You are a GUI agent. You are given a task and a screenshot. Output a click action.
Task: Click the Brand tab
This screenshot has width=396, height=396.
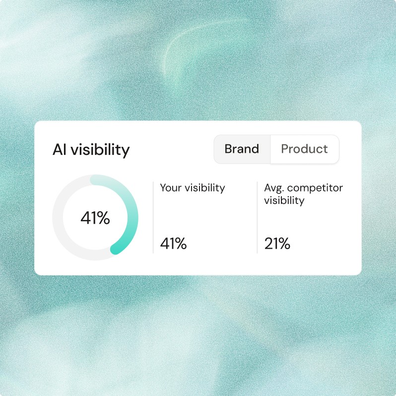pyautogui.click(x=242, y=149)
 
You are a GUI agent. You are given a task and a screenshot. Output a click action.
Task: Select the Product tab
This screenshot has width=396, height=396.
pyautogui.click(x=304, y=149)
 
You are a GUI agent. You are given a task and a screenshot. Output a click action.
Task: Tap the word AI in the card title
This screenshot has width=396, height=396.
pyautogui.click(x=59, y=149)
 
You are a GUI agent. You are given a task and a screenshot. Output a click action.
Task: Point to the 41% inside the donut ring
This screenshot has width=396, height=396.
pyautogui.click(x=95, y=218)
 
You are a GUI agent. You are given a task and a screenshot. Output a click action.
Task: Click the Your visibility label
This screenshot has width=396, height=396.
pyautogui.click(x=192, y=188)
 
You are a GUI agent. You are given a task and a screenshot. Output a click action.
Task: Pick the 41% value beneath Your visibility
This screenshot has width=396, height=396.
pyautogui.click(x=173, y=244)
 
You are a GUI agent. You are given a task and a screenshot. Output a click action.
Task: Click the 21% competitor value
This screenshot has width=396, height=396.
pyautogui.click(x=277, y=244)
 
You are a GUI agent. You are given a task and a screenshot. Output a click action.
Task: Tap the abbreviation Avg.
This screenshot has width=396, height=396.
pyautogui.click(x=274, y=188)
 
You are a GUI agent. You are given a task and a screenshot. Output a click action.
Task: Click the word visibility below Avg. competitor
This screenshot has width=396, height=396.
pyautogui.click(x=284, y=200)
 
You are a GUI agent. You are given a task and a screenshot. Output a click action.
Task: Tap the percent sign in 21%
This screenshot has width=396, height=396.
pyautogui.click(x=284, y=244)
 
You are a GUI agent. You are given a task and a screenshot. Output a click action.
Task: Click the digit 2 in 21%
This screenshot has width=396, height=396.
pyautogui.click(x=268, y=244)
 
